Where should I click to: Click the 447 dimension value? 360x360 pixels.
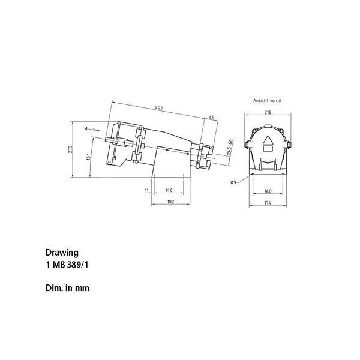pyautogui.click(x=158, y=107)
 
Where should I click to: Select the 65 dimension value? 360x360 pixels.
pyautogui.click(x=212, y=118)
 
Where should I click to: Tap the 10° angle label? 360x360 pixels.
pyautogui.click(x=89, y=157)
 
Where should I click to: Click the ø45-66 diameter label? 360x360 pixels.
pyautogui.click(x=230, y=148)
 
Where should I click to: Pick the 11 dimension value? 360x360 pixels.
pyautogui.click(x=147, y=190)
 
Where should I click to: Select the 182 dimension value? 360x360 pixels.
pyautogui.click(x=170, y=202)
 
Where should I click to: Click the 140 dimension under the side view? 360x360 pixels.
pyautogui.click(x=169, y=190)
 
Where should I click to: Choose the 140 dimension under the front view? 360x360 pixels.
pyautogui.click(x=268, y=191)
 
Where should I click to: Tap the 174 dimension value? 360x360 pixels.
pyautogui.click(x=268, y=203)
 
